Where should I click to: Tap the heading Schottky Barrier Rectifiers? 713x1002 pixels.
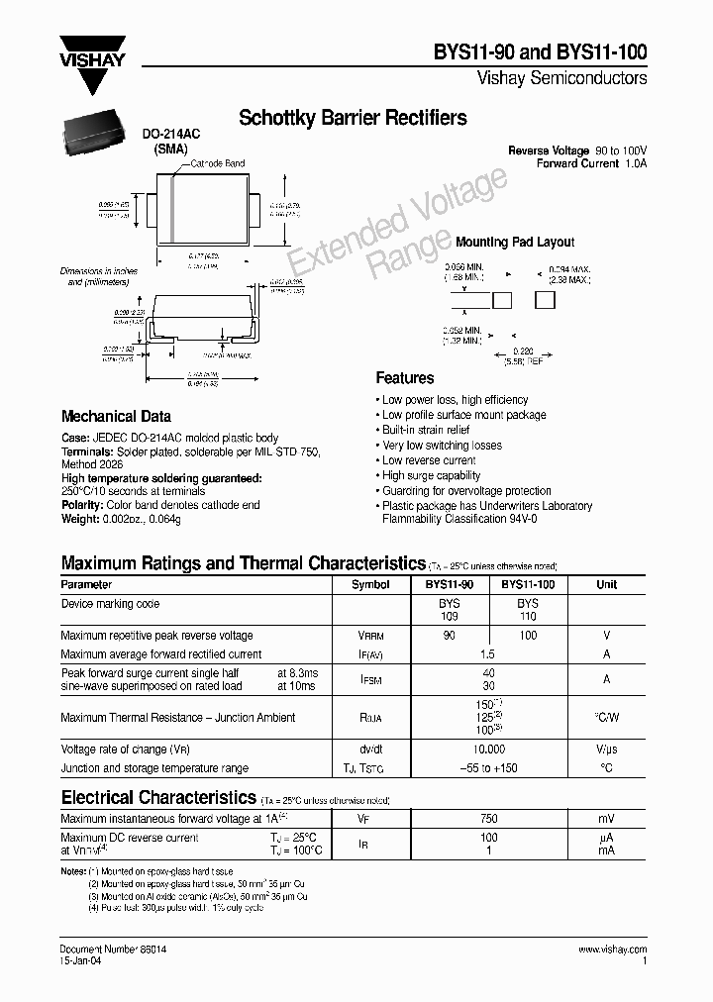(x=353, y=118)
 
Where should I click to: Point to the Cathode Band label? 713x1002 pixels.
(x=217, y=163)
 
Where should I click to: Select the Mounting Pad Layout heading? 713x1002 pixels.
(x=514, y=242)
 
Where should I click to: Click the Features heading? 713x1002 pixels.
(x=404, y=378)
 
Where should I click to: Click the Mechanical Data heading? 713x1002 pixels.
(x=116, y=417)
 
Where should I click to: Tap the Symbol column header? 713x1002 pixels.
(x=370, y=585)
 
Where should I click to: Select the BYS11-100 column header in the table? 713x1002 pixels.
(x=528, y=585)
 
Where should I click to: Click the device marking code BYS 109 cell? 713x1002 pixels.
(x=450, y=609)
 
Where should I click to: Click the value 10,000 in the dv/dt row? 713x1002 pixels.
(x=488, y=751)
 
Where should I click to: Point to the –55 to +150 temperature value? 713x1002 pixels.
(x=488, y=768)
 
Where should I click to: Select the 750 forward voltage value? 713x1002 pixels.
(x=488, y=819)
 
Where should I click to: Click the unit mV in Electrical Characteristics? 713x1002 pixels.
(x=606, y=819)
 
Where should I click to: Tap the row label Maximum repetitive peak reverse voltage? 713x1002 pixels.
(x=156, y=636)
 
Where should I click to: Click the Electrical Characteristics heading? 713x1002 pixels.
(x=158, y=797)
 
